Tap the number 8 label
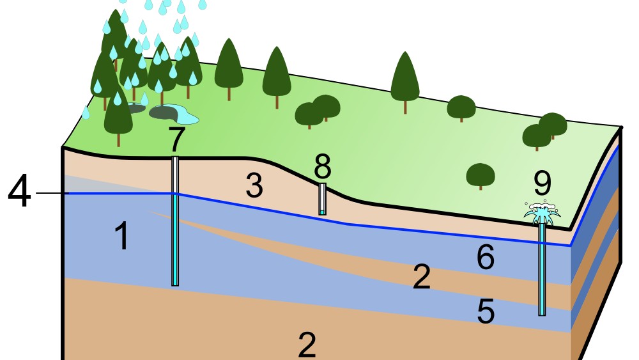coord(323,168)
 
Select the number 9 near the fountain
coord(542,184)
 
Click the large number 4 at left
coord(19,192)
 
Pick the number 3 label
coord(254,187)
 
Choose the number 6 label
coord(486,258)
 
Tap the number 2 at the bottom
coord(307,345)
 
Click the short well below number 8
coord(323,199)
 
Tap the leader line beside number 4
coord(50,193)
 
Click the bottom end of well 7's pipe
coord(175,283)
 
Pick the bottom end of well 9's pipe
coord(542,313)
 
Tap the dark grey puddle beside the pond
coord(162,112)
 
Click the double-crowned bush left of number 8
coord(317,111)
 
